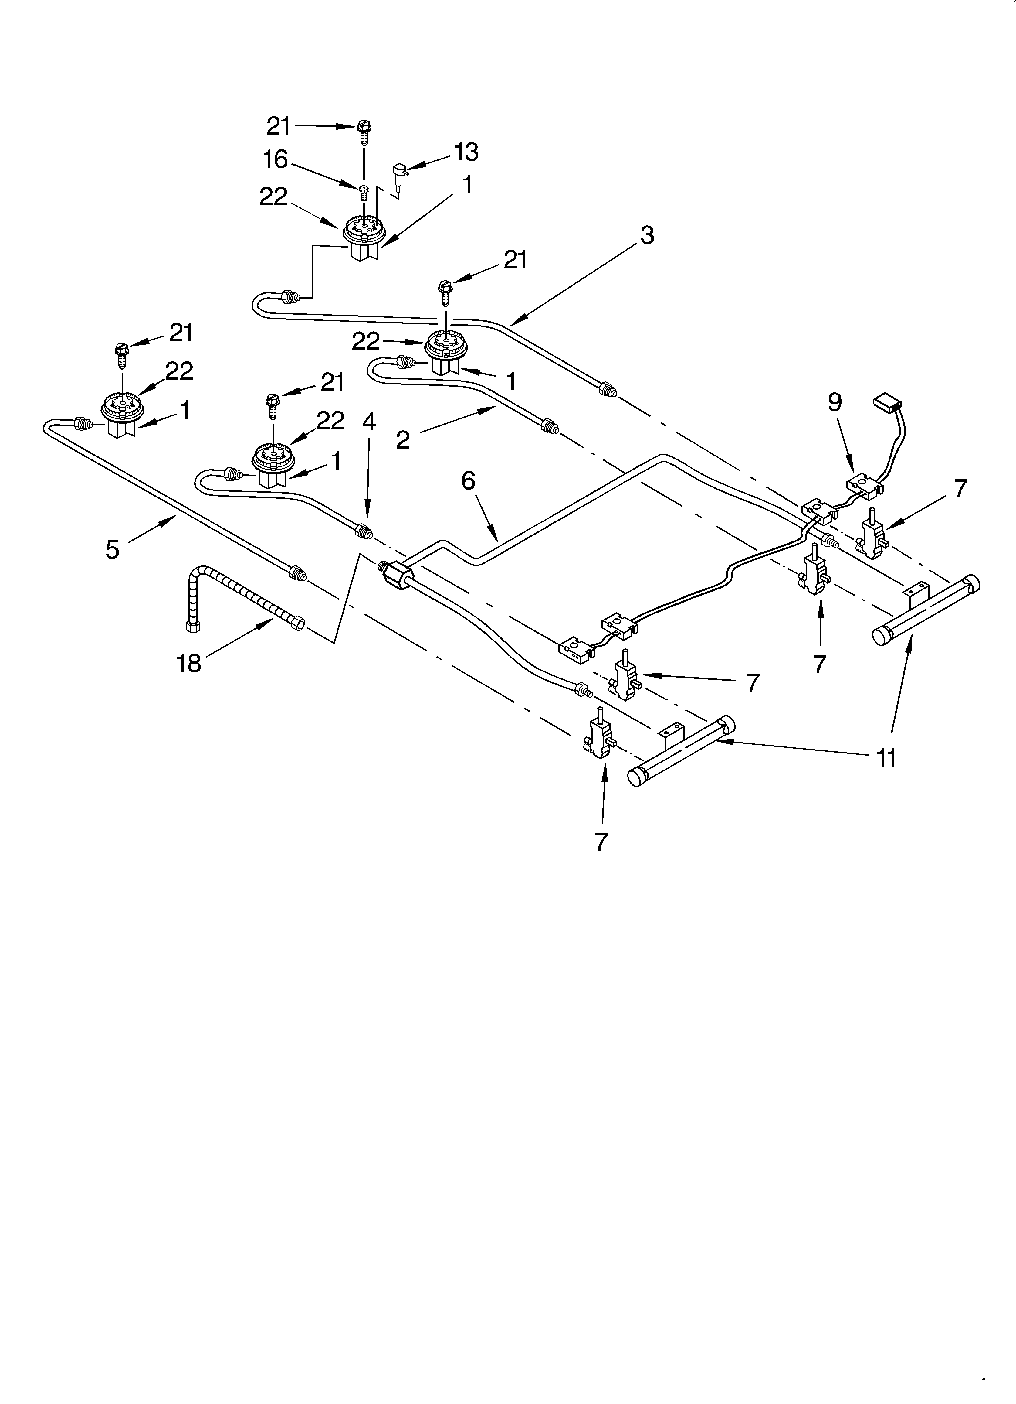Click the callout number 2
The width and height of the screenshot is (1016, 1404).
[403, 440]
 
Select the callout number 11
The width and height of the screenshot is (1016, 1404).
[887, 758]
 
